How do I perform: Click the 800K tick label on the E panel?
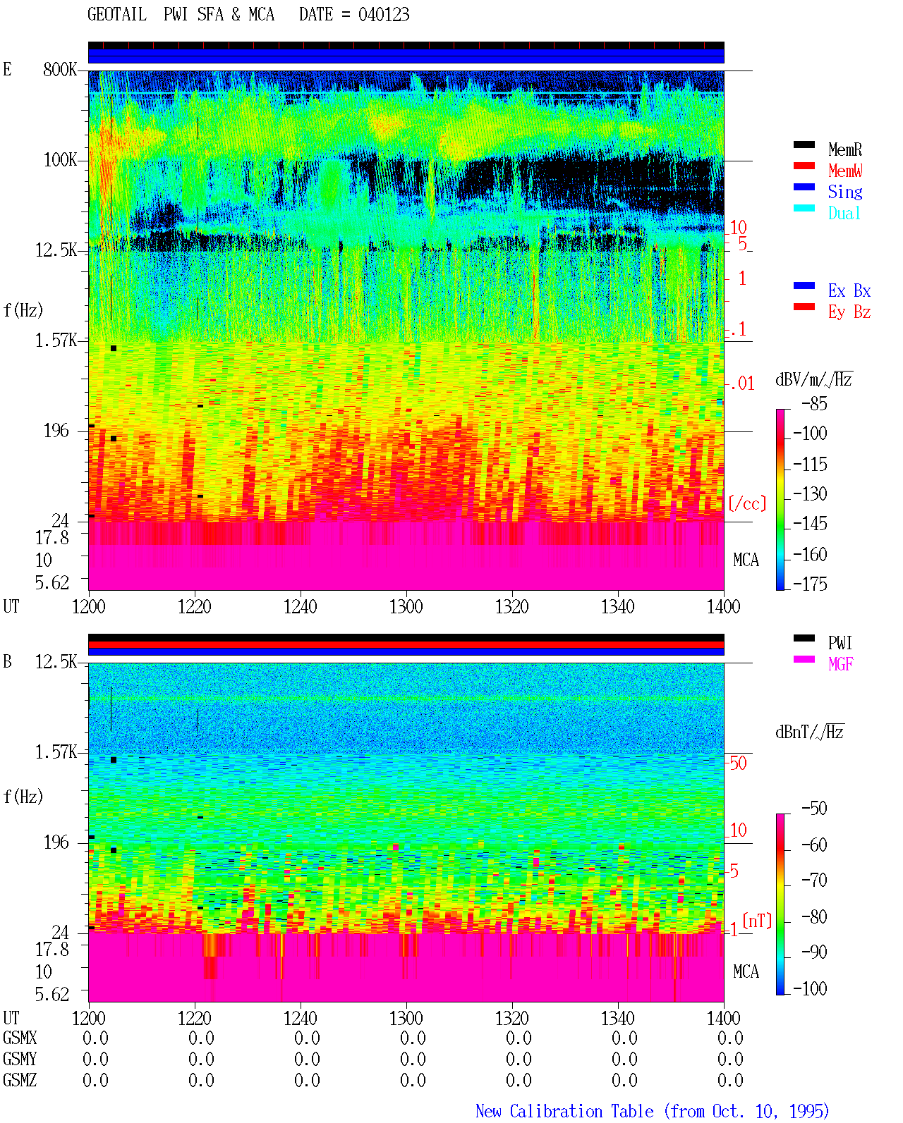tap(60, 69)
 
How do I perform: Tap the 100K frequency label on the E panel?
tap(60, 160)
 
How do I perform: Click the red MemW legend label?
tap(845, 171)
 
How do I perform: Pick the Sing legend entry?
tap(845, 192)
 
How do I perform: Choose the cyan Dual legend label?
tap(844, 213)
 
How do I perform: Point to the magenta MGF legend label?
tap(840, 664)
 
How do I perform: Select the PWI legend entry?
tap(840, 643)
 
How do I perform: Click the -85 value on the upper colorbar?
tap(814, 404)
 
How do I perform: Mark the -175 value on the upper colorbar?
tap(810, 584)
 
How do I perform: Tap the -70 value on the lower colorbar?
tap(814, 880)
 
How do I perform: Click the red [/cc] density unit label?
tap(747, 503)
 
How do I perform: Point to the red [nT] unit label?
tap(757, 921)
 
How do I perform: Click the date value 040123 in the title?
tap(384, 15)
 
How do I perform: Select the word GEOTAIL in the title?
tap(117, 15)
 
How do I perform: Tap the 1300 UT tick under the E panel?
tap(406, 607)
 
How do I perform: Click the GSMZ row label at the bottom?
tap(20, 1080)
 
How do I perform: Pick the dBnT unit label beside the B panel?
tap(809, 732)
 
